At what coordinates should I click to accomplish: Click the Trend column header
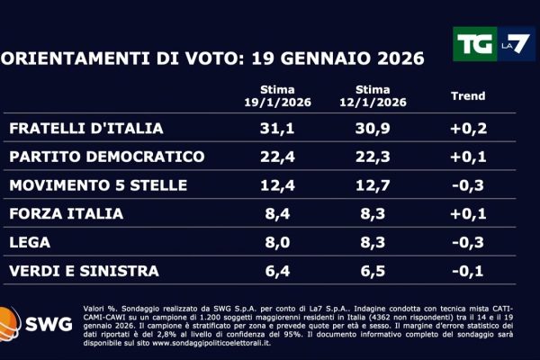click(x=467, y=96)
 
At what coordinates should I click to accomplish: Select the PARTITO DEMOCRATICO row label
click(x=107, y=157)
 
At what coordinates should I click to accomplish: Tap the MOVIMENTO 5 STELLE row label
click(x=98, y=185)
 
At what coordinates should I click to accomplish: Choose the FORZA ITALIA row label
click(x=62, y=214)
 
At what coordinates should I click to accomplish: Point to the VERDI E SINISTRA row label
click(x=84, y=270)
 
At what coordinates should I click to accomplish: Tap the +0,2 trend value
click(x=467, y=129)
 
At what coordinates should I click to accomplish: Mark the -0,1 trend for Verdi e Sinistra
click(x=467, y=270)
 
